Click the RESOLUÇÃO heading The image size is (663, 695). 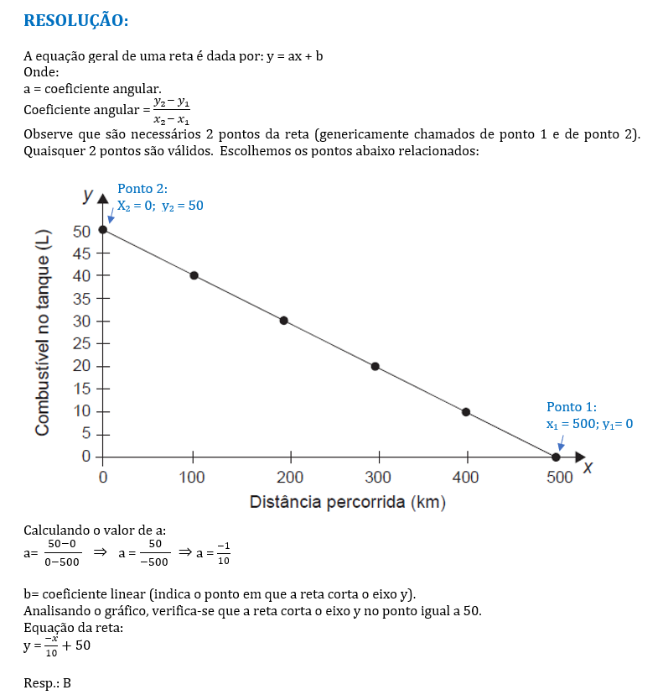[76, 19]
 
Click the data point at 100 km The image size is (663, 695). [194, 275]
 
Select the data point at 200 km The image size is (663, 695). [284, 321]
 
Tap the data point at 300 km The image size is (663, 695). [376, 366]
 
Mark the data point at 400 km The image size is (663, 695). [466, 412]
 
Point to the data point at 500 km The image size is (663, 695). [556, 457]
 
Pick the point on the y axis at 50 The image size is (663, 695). [103, 229]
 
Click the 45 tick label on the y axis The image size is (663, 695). [81, 253]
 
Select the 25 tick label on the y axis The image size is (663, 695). [81, 343]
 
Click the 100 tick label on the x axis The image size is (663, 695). [193, 478]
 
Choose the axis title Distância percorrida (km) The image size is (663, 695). [347, 503]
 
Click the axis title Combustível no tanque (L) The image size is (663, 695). [42, 332]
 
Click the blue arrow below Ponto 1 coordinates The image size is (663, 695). [561, 441]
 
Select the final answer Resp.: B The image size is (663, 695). [48, 682]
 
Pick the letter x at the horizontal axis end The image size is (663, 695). [588, 468]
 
